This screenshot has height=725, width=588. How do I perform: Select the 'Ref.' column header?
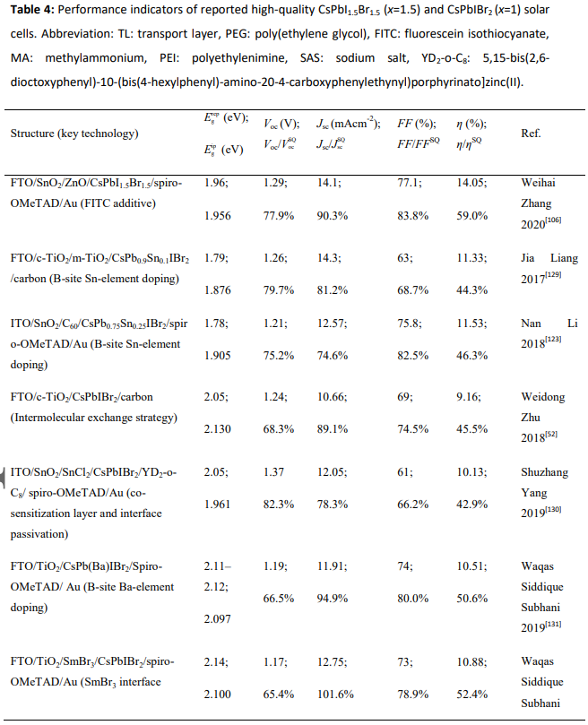click(531, 134)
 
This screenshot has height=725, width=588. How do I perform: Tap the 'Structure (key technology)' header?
click(74, 134)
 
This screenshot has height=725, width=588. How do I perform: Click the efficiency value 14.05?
click(471, 183)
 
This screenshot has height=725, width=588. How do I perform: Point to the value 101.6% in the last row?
click(335, 694)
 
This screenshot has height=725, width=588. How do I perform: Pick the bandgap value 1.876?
click(218, 289)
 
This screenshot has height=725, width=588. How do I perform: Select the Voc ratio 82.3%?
click(279, 504)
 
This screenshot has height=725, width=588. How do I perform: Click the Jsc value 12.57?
click(332, 324)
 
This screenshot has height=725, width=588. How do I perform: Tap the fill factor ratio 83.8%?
click(412, 215)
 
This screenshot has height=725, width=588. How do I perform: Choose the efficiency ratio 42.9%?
click(471, 504)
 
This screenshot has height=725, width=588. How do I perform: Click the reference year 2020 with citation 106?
click(540, 223)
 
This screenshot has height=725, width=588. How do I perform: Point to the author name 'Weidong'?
click(542, 397)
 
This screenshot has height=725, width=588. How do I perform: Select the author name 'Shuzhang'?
click(544, 472)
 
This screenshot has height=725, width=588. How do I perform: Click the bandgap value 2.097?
click(218, 618)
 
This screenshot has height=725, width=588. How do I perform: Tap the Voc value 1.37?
click(274, 471)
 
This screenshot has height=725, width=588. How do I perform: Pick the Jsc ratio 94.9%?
click(333, 599)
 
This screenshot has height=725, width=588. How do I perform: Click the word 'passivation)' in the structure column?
click(39, 534)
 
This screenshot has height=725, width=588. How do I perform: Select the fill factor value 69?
click(405, 397)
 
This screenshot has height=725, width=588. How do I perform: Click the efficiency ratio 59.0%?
click(471, 215)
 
